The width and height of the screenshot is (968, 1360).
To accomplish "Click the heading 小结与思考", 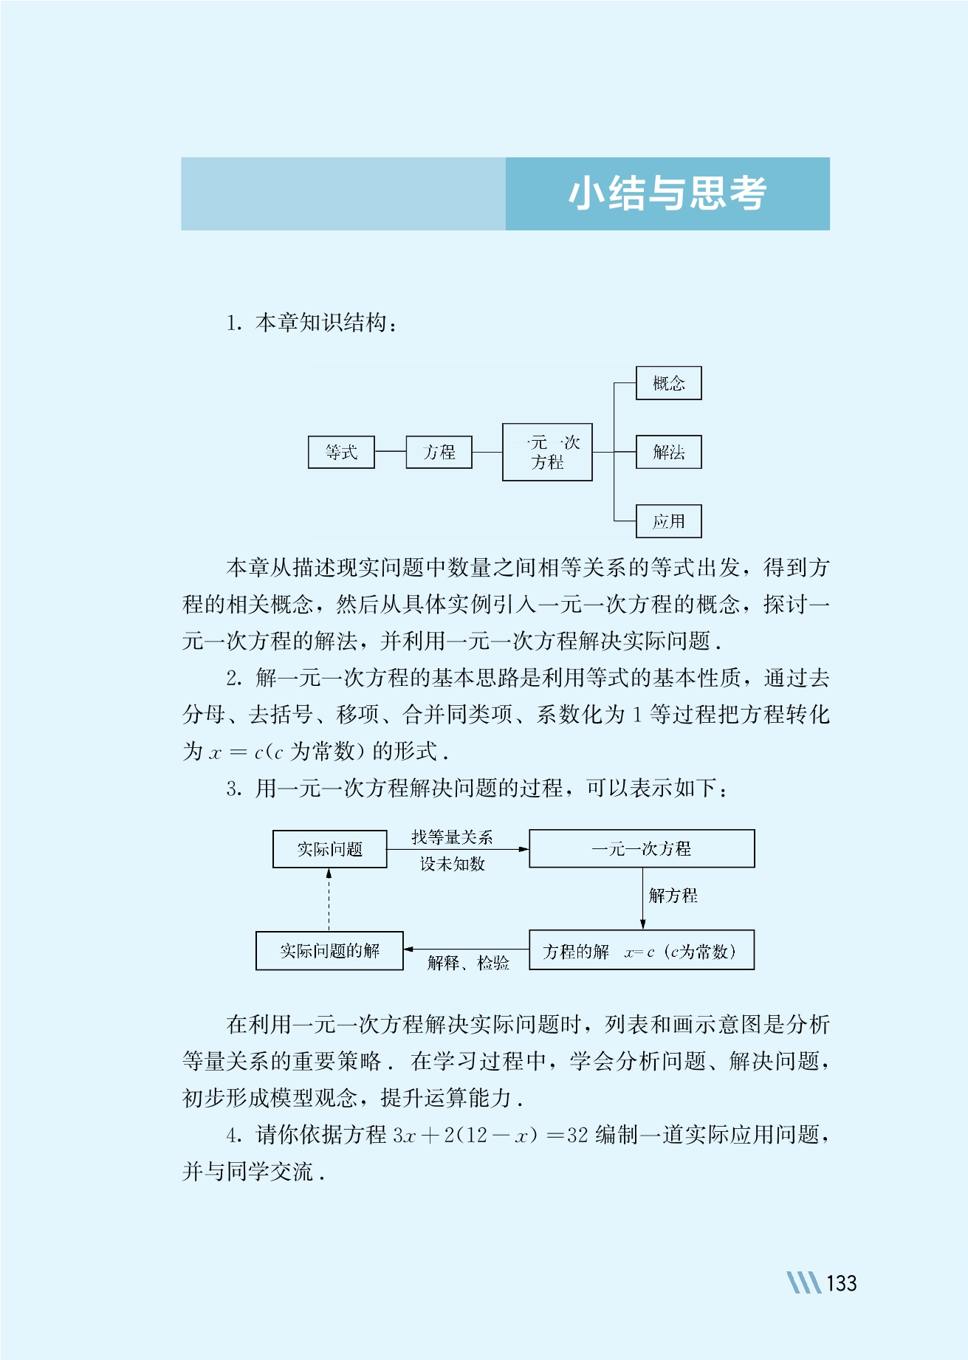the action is pyautogui.click(x=667, y=194).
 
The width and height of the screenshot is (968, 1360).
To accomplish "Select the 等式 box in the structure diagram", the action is pyautogui.click(x=341, y=452).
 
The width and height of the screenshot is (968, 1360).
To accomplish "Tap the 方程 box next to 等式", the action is pyautogui.click(x=439, y=452).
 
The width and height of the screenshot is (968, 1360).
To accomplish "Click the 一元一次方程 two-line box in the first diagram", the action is pyautogui.click(x=547, y=452).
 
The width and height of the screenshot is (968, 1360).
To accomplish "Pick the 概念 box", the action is pyautogui.click(x=669, y=383).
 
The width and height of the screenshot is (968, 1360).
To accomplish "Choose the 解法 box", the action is pyautogui.click(x=669, y=452).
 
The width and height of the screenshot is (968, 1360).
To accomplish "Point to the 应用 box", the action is pyautogui.click(x=669, y=521).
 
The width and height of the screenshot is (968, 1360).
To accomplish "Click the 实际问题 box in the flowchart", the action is pyautogui.click(x=330, y=849).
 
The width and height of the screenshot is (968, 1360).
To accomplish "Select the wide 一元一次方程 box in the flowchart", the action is pyautogui.click(x=642, y=848).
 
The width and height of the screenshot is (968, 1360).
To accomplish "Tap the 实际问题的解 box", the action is pyautogui.click(x=329, y=951).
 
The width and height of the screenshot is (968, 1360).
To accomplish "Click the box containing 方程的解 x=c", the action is pyautogui.click(x=642, y=950).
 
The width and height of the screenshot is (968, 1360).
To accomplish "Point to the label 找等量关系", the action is pyautogui.click(x=452, y=837).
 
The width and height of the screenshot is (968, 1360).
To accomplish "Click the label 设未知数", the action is pyautogui.click(x=453, y=864).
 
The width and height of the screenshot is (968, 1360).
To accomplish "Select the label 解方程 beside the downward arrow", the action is pyautogui.click(x=673, y=896).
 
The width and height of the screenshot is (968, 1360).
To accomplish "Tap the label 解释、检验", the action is pyautogui.click(x=468, y=963).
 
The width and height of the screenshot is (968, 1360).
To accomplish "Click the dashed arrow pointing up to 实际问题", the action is pyautogui.click(x=329, y=900).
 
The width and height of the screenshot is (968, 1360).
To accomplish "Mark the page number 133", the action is pyautogui.click(x=842, y=1283).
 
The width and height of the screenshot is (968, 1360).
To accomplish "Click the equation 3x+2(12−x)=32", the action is pyautogui.click(x=491, y=1135).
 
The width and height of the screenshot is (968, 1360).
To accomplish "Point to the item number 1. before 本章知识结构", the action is pyautogui.click(x=235, y=323).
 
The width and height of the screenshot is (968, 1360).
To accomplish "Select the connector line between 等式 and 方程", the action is pyautogui.click(x=391, y=452).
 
